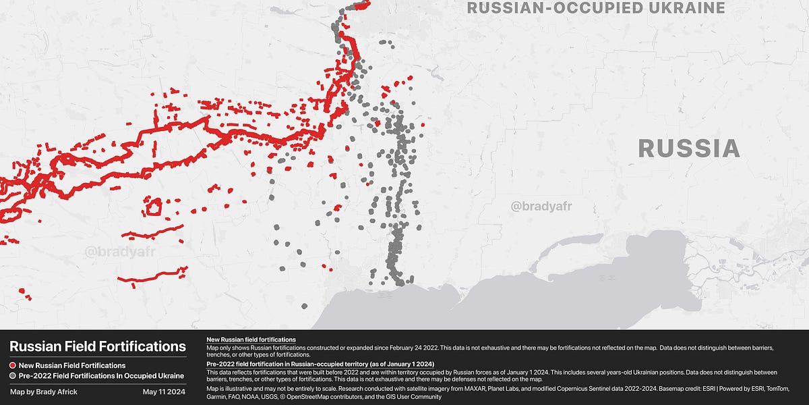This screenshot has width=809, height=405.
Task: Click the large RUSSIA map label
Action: (x=689, y=149)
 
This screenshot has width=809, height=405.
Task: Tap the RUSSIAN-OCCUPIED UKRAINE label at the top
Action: (x=596, y=8)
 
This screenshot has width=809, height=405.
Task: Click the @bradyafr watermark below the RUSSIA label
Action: (x=541, y=206)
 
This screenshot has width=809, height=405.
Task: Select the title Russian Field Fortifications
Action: (x=98, y=347)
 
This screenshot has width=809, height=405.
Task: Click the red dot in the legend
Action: (x=13, y=365)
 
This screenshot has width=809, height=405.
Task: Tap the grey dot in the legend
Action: (x=13, y=375)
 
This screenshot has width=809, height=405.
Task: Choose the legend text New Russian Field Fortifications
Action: (x=72, y=365)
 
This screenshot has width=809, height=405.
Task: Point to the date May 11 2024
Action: (x=164, y=391)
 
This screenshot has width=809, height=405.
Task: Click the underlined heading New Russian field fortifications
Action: (x=251, y=339)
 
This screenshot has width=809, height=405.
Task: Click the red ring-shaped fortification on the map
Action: (x=154, y=207)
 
